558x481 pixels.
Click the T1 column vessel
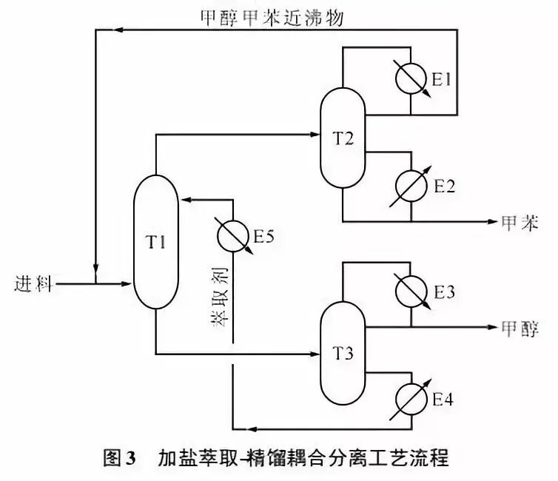pos(155,242)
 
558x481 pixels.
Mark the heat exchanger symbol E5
pos(232,236)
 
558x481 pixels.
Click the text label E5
pos(264,237)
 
